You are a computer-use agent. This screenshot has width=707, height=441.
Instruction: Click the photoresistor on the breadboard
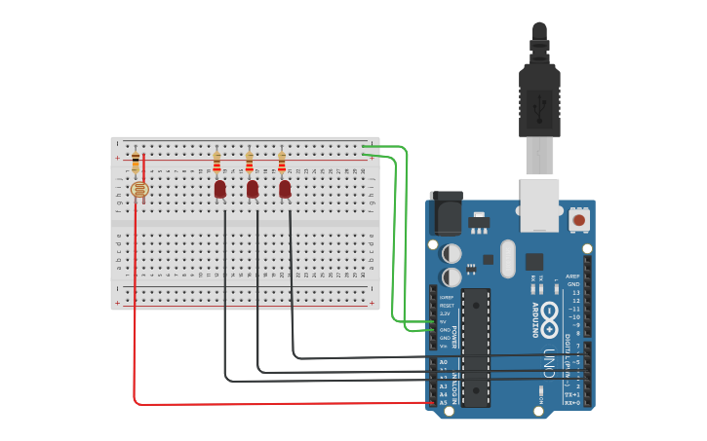(139, 190)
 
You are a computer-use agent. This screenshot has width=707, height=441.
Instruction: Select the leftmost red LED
(220, 189)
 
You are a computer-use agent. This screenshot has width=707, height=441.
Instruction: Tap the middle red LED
(253, 189)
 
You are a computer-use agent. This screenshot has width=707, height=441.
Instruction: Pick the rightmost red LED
(285, 189)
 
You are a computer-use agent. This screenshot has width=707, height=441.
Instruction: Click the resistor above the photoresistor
(135, 163)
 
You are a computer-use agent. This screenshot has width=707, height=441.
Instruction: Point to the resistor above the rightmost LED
(282, 162)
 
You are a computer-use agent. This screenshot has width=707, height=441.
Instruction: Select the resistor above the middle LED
(249, 162)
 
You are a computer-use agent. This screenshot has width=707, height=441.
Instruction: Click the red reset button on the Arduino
(579, 221)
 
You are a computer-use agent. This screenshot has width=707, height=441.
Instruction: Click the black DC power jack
(446, 213)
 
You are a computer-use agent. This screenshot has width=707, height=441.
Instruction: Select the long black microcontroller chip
(475, 347)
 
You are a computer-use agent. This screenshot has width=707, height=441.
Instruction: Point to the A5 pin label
(443, 402)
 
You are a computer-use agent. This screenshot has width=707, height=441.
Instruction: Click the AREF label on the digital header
(573, 276)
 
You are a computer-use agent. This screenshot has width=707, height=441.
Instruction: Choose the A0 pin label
(443, 362)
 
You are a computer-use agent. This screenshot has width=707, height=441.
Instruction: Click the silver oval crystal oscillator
(507, 259)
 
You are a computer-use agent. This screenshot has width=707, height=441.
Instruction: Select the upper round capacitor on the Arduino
(452, 253)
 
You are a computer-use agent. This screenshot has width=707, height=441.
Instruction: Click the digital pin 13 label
(575, 292)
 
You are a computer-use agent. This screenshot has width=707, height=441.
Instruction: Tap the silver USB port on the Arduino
(539, 204)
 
